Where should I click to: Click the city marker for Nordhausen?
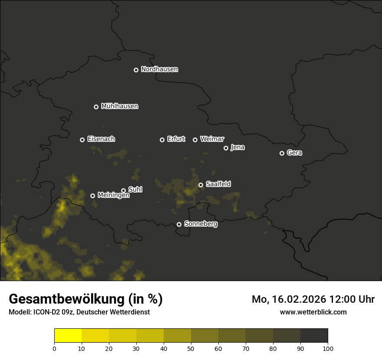[136, 70]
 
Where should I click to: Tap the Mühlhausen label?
[119, 106]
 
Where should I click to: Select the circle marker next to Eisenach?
[82, 140]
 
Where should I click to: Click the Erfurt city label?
[176, 139]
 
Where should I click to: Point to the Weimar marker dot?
[195, 140]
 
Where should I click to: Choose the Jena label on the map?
[237, 147]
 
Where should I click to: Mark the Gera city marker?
[282, 153]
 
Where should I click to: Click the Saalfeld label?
[218, 184]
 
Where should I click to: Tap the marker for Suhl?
[123, 190]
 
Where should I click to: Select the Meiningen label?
[113, 196]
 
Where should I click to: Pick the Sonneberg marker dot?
[179, 224]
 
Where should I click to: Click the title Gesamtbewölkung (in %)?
[86, 299]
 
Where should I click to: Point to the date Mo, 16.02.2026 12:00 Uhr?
[313, 299]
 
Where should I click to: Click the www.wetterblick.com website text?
[313, 312]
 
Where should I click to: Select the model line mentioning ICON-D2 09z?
[79, 312]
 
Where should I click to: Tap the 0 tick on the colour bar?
[54, 348]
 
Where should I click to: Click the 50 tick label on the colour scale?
[191, 348]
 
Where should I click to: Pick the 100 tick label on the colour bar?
[328, 348]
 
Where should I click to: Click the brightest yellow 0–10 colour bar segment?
[68, 336]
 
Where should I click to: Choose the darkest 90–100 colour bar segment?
[314, 336]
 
